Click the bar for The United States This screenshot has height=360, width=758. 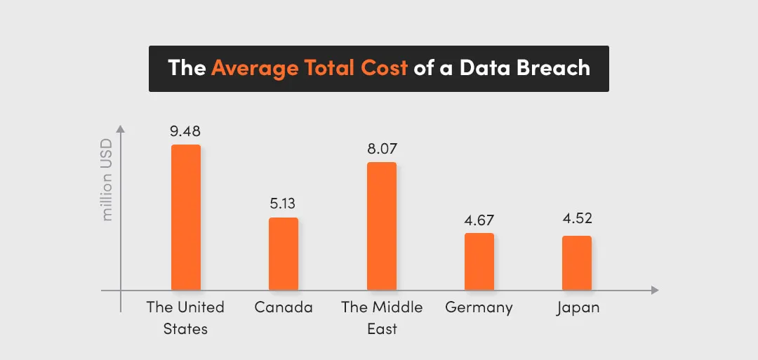pos(185,218)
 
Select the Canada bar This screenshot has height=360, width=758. pos(284,254)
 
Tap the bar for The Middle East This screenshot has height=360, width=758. pos(382,226)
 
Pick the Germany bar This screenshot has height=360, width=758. pos(479,262)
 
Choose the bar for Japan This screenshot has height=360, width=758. pos(577,263)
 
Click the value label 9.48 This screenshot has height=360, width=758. pos(185,131)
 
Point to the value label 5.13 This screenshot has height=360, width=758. pos(284,204)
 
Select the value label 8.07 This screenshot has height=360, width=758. pos(382,149)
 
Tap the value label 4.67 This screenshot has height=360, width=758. pos(479,220)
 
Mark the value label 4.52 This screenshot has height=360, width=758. pos(577,220)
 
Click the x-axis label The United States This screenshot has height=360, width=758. pos(185,317)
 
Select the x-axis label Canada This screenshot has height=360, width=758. pos(284,307)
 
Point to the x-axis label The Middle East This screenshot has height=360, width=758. pos(382,317)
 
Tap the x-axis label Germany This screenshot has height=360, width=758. pos(479,307)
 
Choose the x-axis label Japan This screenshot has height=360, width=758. pos(578,308)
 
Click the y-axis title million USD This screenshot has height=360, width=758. pos(107,179)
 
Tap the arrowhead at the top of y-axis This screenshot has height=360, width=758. pos(120,128)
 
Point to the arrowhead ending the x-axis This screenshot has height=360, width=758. pos(655,290)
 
